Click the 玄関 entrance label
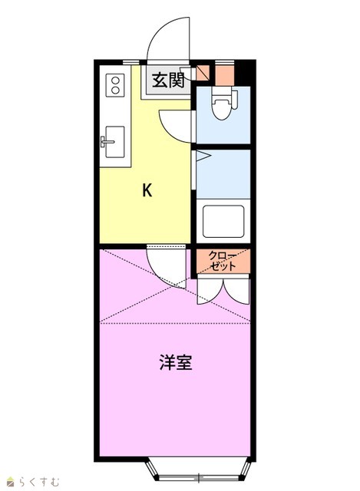168,80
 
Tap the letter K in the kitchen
147,189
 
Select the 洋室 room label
176,362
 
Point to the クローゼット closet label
222,261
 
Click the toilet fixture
223,104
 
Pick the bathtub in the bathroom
223,221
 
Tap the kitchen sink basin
115,141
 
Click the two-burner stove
115,85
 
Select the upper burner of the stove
116,80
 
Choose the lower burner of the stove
116,91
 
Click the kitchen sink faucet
107,141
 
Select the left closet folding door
210,292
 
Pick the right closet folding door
236,292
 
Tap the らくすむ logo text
38,481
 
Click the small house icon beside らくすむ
11,482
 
